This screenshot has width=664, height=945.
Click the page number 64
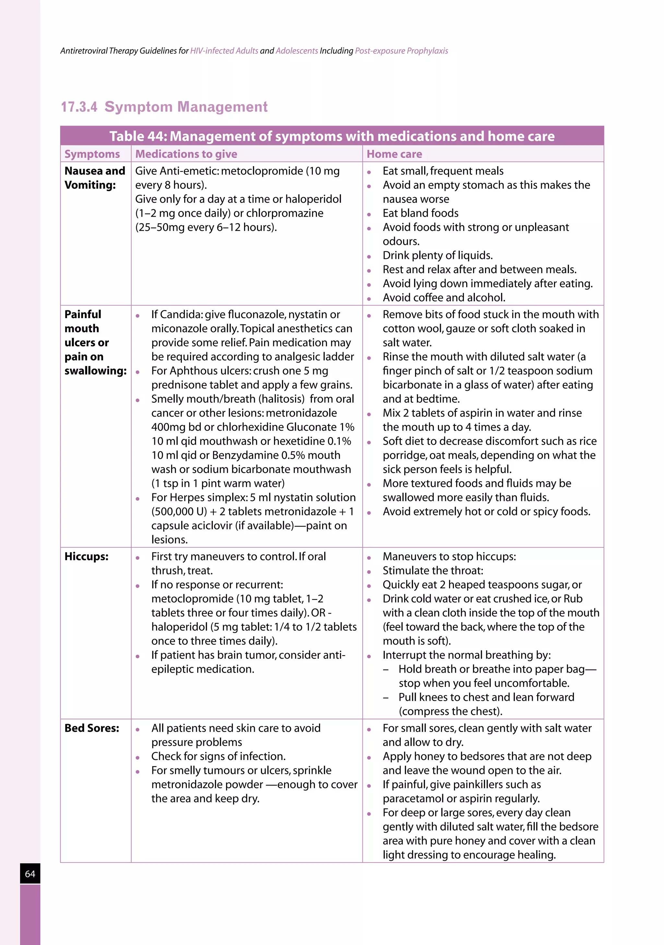(30, 874)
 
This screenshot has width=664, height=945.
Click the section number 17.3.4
(79, 107)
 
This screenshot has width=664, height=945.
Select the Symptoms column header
(92, 154)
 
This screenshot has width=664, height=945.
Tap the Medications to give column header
(186, 154)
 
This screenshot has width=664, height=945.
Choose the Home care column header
(394, 154)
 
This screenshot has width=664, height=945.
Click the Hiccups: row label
(87, 557)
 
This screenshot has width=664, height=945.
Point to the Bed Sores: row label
(91, 728)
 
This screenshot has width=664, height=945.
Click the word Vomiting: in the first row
(90, 185)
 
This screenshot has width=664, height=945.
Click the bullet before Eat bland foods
(369, 214)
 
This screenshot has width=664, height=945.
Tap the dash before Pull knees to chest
(385, 697)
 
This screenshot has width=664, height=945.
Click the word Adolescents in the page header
(297, 51)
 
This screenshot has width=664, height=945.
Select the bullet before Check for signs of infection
(137, 757)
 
